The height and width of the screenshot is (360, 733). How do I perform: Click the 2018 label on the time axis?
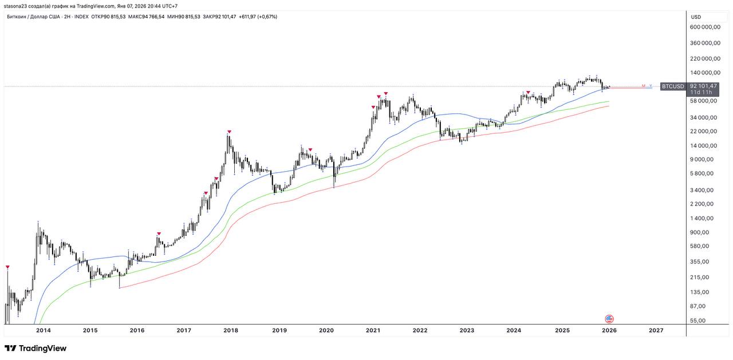231,330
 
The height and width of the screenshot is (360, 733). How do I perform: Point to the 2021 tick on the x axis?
373,330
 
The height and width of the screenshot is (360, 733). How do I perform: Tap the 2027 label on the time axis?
656,330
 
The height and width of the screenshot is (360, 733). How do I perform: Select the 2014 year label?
43,330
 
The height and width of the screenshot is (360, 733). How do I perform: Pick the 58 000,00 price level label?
703,101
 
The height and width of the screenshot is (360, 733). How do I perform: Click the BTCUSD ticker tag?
672,86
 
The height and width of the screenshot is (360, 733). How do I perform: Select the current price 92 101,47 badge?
703,86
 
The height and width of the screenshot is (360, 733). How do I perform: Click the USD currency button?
696,17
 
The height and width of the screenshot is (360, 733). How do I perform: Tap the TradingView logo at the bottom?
36,348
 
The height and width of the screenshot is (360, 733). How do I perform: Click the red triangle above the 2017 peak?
229,132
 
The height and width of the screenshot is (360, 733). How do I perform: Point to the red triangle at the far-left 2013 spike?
8,267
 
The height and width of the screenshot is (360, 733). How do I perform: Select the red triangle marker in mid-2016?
159,234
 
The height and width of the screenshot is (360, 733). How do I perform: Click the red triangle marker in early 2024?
528,93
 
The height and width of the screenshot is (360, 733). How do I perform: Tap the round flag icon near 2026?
609,319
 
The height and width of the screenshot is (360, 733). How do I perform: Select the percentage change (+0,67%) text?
266,17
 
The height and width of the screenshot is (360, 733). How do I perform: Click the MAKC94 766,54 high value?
146,17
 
